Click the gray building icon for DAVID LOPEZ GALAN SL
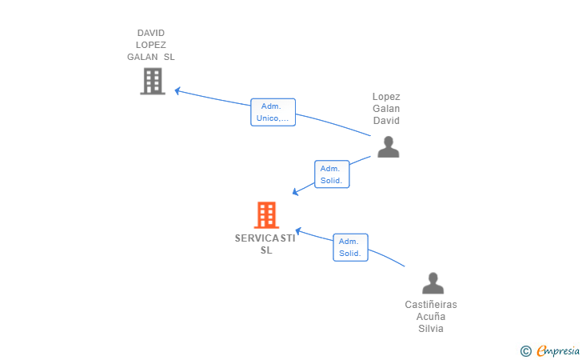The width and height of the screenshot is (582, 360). [153, 82]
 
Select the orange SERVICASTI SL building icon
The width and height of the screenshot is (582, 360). [266, 215]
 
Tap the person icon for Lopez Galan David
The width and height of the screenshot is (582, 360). [389, 146]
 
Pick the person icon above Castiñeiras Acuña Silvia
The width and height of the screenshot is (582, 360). [433, 283]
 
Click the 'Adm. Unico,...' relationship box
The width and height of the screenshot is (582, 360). [273, 112]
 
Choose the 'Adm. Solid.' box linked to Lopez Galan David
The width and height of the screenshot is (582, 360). [332, 174]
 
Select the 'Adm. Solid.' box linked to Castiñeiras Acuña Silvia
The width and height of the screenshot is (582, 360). [350, 247]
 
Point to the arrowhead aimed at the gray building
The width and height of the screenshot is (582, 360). [177, 90]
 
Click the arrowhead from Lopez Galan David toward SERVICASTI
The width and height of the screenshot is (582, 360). [296, 192]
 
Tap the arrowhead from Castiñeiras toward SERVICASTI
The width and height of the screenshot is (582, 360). [297, 231]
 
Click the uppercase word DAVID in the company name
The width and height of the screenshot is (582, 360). [150, 33]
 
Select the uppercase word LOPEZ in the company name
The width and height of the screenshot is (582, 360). [150, 45]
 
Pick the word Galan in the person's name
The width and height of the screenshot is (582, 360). [386, 109]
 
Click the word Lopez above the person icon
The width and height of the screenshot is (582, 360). [386, 97]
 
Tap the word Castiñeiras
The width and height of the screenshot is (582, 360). [431, 305]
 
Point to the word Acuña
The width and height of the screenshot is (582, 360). [431, 317]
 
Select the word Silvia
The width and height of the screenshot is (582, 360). [431, 329]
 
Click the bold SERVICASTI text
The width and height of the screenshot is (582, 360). [265, 238]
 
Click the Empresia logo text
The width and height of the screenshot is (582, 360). [558, 350]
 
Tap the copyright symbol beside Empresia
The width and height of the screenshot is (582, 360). [526, 351]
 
